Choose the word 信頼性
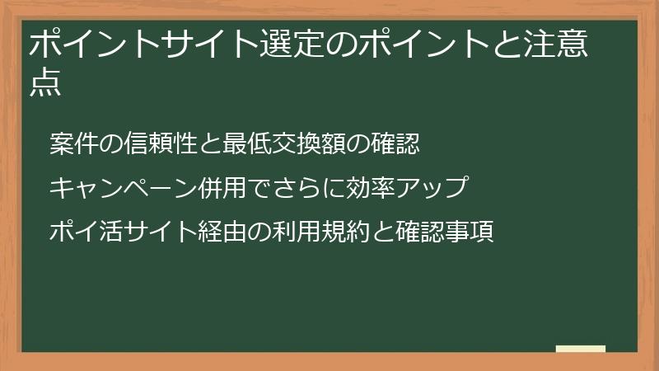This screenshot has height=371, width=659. (x=161, y=143)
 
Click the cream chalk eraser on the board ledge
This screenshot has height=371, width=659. (x=581, y=349)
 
